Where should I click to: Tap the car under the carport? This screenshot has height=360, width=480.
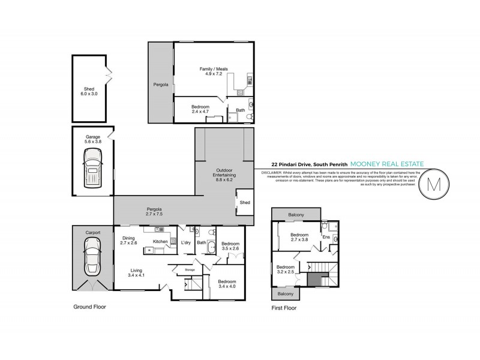[92, 254]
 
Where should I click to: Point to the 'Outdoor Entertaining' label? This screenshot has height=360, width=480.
[226, 175]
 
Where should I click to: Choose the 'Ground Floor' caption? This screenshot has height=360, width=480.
[89, 306]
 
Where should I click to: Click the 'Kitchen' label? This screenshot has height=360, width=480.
[160, 241]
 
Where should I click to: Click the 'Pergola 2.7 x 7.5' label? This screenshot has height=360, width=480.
[155, 211]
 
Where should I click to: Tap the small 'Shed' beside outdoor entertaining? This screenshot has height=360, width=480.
[245, 203]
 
